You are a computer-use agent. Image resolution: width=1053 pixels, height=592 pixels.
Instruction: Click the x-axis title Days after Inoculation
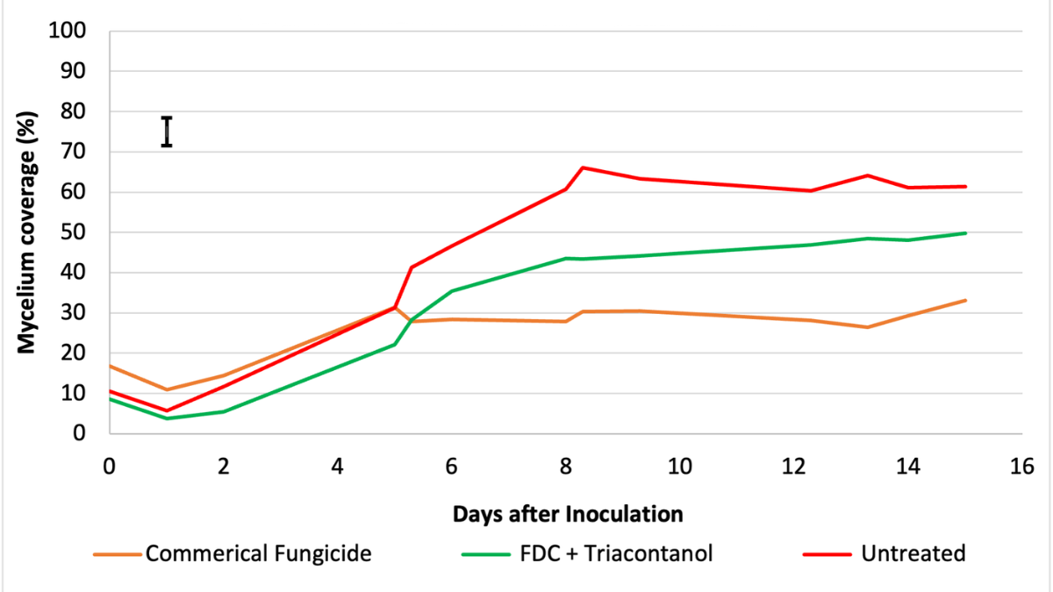coord(568,514)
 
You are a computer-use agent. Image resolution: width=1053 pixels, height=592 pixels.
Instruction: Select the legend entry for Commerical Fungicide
coord(258,553)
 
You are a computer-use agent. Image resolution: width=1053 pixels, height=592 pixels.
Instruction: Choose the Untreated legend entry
coord(913,553)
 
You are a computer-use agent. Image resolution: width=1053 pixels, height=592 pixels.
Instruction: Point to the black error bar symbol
coord(167,132)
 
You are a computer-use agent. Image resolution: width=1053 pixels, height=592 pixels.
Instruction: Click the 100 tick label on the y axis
coord(71,31)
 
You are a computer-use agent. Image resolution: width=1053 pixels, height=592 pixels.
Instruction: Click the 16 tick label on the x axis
coord(1021,467)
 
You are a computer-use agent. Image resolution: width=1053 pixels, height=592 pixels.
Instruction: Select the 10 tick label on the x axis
coord(679,467)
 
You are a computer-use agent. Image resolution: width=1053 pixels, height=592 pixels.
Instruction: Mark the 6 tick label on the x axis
coord(451,467)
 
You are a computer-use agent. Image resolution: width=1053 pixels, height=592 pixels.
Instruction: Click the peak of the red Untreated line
coord(583,168)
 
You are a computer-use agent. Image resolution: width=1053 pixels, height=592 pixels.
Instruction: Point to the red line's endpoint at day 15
coord(965,186)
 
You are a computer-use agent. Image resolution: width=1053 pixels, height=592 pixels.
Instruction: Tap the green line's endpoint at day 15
coord(965,232)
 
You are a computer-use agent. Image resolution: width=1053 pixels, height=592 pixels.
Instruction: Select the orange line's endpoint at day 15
coord(965,300)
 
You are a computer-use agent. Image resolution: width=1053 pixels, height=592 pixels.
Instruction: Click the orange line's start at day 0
coord(110,366)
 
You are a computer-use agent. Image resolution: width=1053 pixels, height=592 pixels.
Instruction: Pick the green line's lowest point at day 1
coord(167,418)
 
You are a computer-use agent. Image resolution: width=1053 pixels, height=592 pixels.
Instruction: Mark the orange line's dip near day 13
coord(867,327)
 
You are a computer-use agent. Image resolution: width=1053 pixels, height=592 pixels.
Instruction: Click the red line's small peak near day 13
coord(867,175)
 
